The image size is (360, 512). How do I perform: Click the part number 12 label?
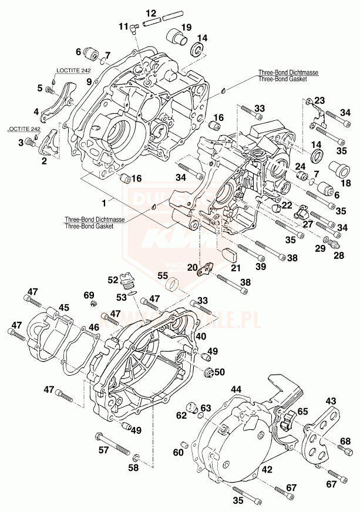point(151,13)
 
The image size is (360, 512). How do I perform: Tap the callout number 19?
point(186,27)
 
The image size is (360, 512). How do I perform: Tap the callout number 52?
point(113,280)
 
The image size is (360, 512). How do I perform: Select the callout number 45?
point(63,308)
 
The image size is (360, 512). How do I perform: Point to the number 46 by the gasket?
point(94,328)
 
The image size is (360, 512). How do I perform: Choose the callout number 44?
point(236,389)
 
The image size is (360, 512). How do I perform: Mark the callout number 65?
point(302,412)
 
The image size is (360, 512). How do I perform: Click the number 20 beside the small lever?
point(192,268)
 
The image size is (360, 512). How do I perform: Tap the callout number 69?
point(89,295)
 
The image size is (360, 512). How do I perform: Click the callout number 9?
point(89,82)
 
